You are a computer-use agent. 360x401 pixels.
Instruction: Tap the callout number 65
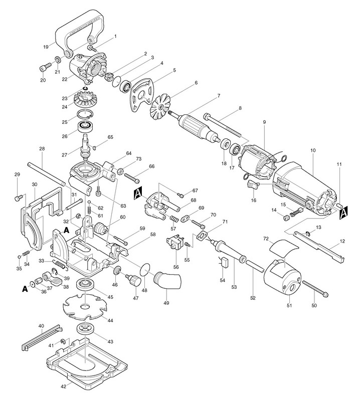[x=110, y=137]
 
